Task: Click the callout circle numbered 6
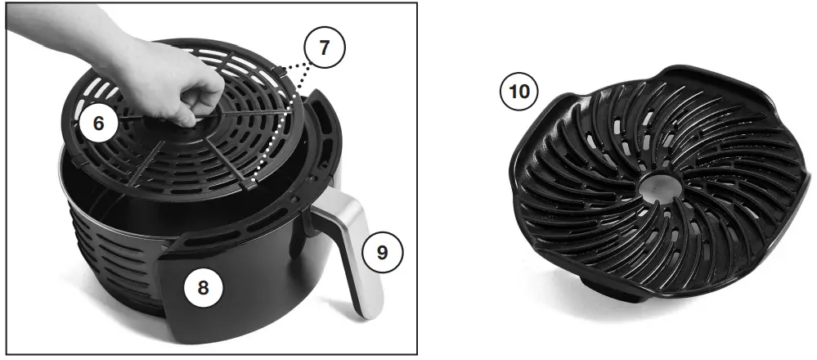click(x=99, y=124)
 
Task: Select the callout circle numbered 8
click(x=202, y=287)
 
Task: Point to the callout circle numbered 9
click(x=383, y=252)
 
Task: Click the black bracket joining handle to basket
click(x=315, y=217)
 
